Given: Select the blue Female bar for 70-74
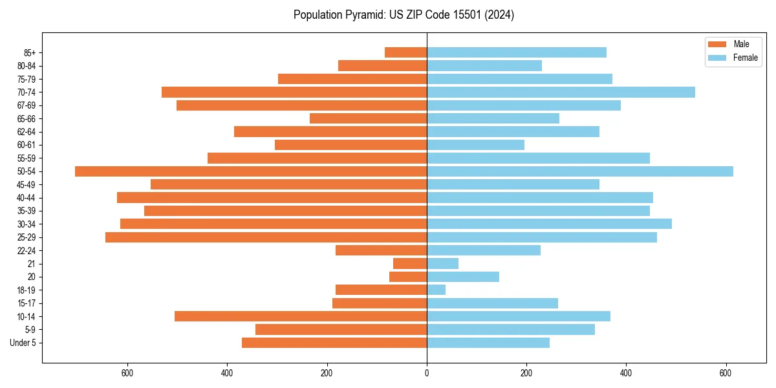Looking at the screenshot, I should point(561,92).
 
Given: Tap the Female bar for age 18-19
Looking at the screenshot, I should point(436,290).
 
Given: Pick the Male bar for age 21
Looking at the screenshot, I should point(410,263).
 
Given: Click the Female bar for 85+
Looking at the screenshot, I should point(517,52).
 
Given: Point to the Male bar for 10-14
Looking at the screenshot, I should point(301,316).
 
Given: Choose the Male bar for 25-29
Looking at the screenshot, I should point(266,237).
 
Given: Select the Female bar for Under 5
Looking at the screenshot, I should point(488,343).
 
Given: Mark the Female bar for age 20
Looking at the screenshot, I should point(463,277).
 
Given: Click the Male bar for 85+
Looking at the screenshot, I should point(405,52).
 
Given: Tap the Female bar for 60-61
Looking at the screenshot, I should point(475,145).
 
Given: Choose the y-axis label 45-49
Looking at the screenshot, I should point(27,184).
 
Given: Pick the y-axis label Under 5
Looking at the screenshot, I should point(23,343).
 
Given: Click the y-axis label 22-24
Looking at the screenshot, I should point(27,250).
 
